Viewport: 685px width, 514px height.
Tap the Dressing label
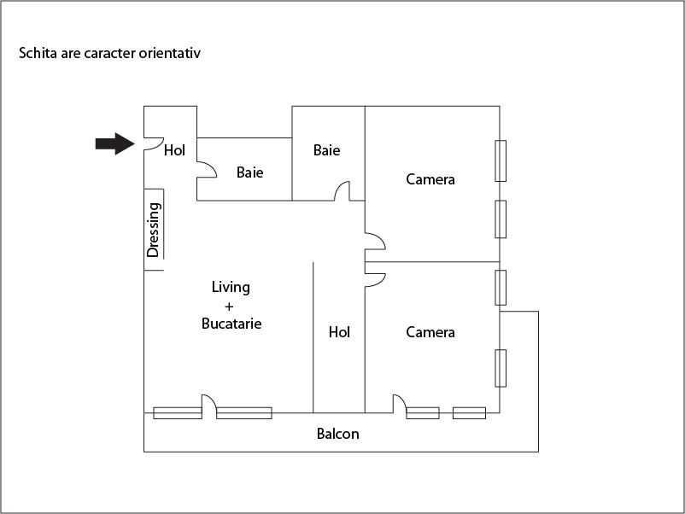coord(154,230)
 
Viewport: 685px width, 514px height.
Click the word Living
coord(231,287)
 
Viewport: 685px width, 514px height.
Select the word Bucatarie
coord(231,324)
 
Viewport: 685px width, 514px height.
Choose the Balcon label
coord(337,434)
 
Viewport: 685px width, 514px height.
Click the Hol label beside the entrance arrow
coord(174,150)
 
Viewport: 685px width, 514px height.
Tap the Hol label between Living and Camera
coord(339,332)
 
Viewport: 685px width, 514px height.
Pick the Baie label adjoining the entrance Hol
coord(249,172)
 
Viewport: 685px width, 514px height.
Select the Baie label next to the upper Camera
coord(326,150)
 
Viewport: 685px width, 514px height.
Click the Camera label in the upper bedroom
coord(430,179)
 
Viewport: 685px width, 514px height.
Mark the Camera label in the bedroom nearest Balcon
coord(430,332)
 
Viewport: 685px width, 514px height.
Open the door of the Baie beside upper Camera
coord(342,191)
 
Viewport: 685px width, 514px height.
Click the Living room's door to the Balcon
coord(208,404)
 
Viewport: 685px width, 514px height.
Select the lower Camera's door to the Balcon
coord(399,404)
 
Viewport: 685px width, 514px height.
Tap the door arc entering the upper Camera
coord(374,240)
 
